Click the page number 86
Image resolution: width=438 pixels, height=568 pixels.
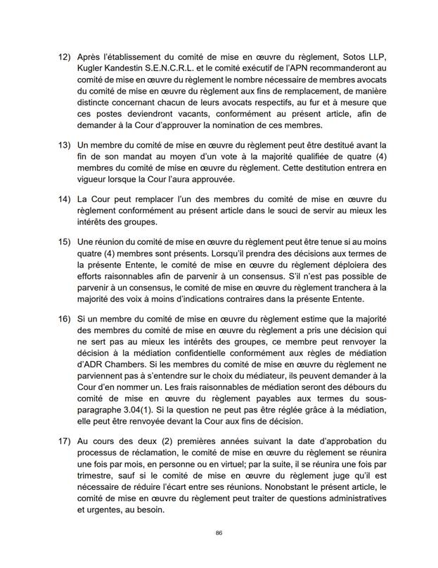[x=219, y=533]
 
